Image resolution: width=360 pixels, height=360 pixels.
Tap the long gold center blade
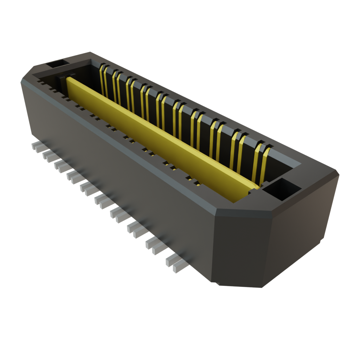pyautogui.click(x=158, y=137)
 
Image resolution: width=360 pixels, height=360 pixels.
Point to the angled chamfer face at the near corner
pyautogui.click(x=239, y=246)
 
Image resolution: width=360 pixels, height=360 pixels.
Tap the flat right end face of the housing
pyautogui.click(x=302, y=229)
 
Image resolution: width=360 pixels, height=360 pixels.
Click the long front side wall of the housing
pyautogui.click(x=116, y=165)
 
